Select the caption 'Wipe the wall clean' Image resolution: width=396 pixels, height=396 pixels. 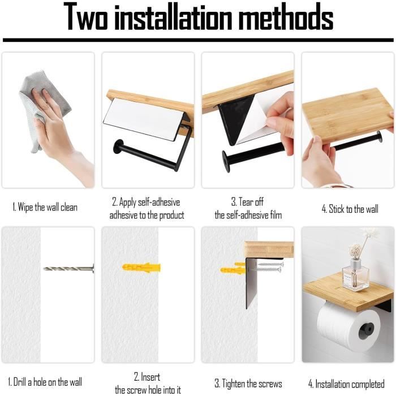coord(45,208)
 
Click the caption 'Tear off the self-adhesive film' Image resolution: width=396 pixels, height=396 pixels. coord(247,208)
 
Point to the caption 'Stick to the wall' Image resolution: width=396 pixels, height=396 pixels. coord(350,209)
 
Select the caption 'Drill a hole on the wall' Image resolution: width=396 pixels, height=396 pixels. coord(45,382)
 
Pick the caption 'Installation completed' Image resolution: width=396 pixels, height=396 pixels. coord(350,384)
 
